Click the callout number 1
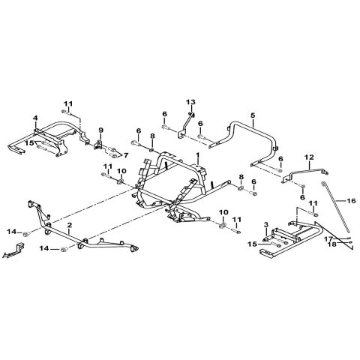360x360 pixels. tap(198, 155)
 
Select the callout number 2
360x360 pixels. tap(70, 225)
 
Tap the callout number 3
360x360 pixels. tap(266, 224)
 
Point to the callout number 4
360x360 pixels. tap(35, 118)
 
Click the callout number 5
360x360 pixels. tap(253, 115)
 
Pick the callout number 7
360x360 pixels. tap(125, 155)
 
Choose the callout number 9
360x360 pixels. tap(100, 130)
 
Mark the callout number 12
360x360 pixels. tap(309, 157)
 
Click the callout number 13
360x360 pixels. tap(190, 102)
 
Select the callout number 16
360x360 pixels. tap(351, 201)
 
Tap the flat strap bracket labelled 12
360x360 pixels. tap(305, 175)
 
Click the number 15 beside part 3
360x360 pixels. tap(252, 244)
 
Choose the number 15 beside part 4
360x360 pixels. tap(30, 142)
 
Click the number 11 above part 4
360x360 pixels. tap(67, 103)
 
